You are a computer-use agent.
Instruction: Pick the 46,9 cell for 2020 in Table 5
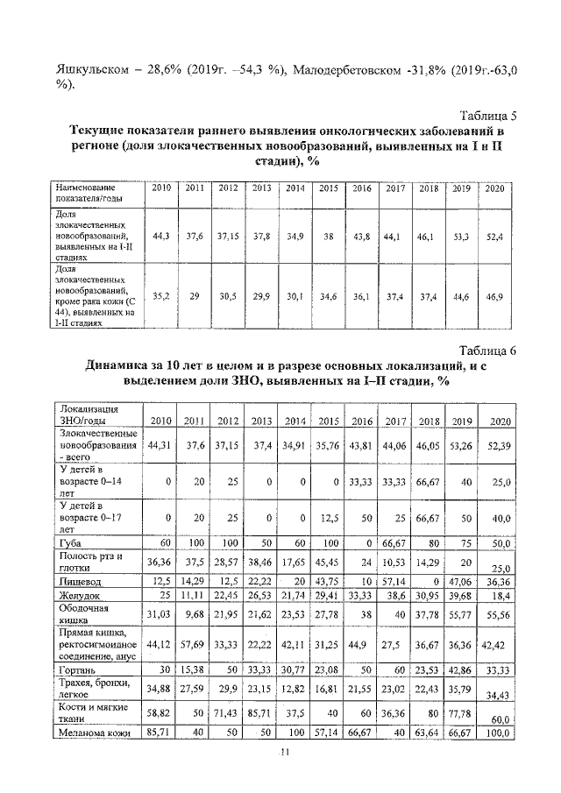point(495,297)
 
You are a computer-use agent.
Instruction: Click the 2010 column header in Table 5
point(161,189)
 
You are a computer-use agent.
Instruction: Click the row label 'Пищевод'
point(78,579)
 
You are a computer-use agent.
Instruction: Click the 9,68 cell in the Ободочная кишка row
point(195,613)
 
